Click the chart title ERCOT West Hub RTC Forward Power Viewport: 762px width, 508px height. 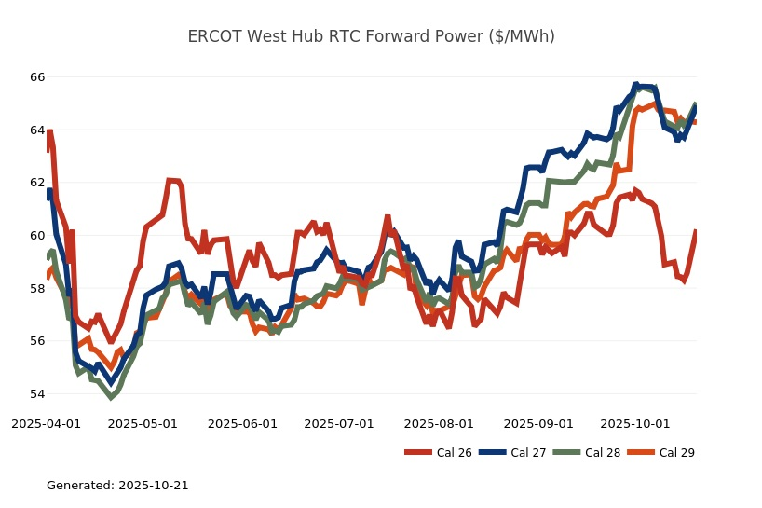(x=371, y=36)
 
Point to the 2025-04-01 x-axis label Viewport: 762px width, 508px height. (x=46, y=423)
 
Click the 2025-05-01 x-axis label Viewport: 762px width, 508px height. (x=143, y=423)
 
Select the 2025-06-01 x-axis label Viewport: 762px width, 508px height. (x=242, y=423)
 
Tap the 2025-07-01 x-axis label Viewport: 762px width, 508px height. (x=339, y=423)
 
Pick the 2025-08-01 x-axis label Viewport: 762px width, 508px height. (x=439, y=423)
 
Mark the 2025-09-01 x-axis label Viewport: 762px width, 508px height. (x=538, y=423)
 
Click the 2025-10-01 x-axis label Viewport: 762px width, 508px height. (x=634, y=423)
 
